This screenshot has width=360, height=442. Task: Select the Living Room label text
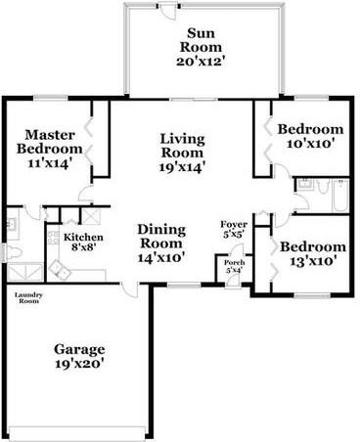[182, 145]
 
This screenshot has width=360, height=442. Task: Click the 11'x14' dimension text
[50, 163]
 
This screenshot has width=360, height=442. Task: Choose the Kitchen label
[83, 238]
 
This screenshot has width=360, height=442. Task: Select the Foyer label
[234, 225]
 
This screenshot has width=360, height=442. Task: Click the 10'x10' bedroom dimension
[310, 144]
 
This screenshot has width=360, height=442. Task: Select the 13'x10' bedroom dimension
[312, 261]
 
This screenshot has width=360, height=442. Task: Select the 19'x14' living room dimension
[182, 167]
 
